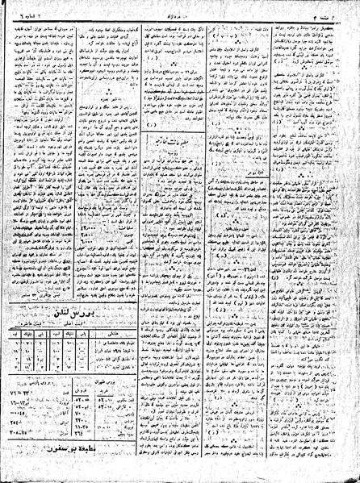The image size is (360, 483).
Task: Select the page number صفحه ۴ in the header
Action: click(x=342, y=6)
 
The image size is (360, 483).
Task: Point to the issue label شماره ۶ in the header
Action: click(x=18, y=6)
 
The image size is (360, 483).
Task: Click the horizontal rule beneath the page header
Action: click(x=179, y=14)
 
